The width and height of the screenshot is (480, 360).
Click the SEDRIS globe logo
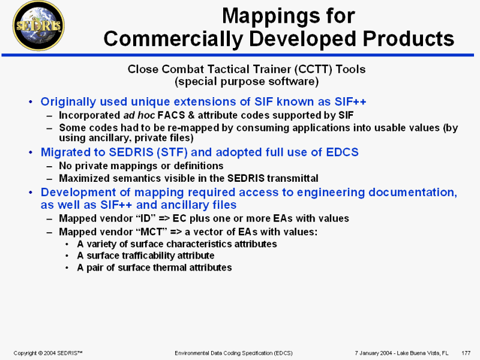point(38,26)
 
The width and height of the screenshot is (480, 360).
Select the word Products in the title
point(409,38)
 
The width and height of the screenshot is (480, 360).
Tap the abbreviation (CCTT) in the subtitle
point(313,69)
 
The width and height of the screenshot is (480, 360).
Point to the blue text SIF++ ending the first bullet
point(350,101)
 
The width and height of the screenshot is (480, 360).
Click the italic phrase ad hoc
point(139,115)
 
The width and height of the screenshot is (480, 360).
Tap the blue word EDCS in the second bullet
point(342,152)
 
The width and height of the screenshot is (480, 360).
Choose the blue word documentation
point(413,192)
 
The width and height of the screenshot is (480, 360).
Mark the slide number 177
point(466,353)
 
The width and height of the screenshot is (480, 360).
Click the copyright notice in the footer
point(48,353)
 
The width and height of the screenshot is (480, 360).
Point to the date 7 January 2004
point(373,353)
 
